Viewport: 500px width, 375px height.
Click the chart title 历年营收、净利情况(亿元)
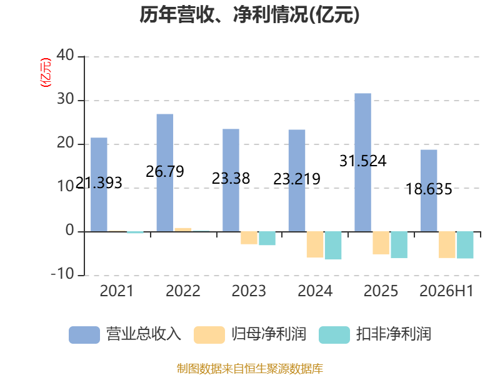249,14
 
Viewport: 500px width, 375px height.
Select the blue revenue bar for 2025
363,162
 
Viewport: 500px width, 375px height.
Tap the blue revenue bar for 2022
165,173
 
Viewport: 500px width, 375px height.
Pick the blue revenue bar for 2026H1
429,191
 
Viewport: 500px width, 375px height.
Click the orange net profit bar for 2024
315,244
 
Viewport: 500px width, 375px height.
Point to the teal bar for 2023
267,238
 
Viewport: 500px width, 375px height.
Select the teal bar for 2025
399,244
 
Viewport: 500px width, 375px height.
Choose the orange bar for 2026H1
447,244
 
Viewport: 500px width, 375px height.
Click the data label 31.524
363,161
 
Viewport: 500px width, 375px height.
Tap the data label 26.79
165,171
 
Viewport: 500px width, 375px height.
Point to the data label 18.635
429,189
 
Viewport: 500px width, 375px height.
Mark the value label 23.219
297,179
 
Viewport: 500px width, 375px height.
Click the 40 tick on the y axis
66,55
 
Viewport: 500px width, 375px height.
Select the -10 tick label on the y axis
62,274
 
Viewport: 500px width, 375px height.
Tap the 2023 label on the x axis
249,291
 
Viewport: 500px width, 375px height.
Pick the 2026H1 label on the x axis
446,291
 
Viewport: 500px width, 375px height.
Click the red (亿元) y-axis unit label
45,72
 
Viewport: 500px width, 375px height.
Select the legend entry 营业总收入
125,334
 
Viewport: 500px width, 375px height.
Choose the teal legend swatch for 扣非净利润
334,335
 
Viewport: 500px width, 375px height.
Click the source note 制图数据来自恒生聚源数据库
250,369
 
